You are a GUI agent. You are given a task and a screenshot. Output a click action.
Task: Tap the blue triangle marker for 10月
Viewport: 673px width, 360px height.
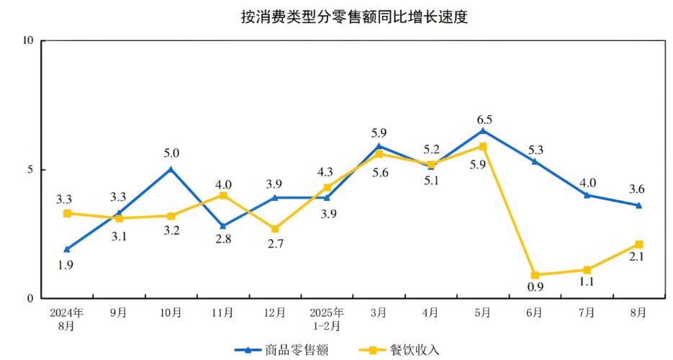point(171,169)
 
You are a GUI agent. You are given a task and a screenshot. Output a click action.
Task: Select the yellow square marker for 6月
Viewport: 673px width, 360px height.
point(535,275)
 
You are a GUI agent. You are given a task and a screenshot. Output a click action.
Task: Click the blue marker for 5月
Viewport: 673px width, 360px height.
point(483,130)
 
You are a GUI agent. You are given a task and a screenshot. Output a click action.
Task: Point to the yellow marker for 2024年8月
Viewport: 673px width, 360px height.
point(67,213)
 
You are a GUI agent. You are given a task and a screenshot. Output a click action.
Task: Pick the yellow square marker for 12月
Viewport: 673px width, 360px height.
point(275,229)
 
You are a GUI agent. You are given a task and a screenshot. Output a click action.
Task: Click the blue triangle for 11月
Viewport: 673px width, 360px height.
point(223,226)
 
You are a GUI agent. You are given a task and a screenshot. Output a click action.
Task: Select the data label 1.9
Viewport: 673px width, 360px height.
point(66,264)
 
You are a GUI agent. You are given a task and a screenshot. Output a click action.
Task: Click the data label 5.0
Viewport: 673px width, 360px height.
point(171,153)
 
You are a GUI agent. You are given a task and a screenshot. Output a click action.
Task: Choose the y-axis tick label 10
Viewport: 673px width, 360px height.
point(29,40)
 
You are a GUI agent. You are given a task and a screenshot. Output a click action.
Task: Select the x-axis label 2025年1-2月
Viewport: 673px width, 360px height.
point(327,319)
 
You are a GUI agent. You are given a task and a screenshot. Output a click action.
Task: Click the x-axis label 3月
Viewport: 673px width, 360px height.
point(379,313)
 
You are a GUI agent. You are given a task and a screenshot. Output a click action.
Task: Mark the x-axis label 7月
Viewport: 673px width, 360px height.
point(587,313)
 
